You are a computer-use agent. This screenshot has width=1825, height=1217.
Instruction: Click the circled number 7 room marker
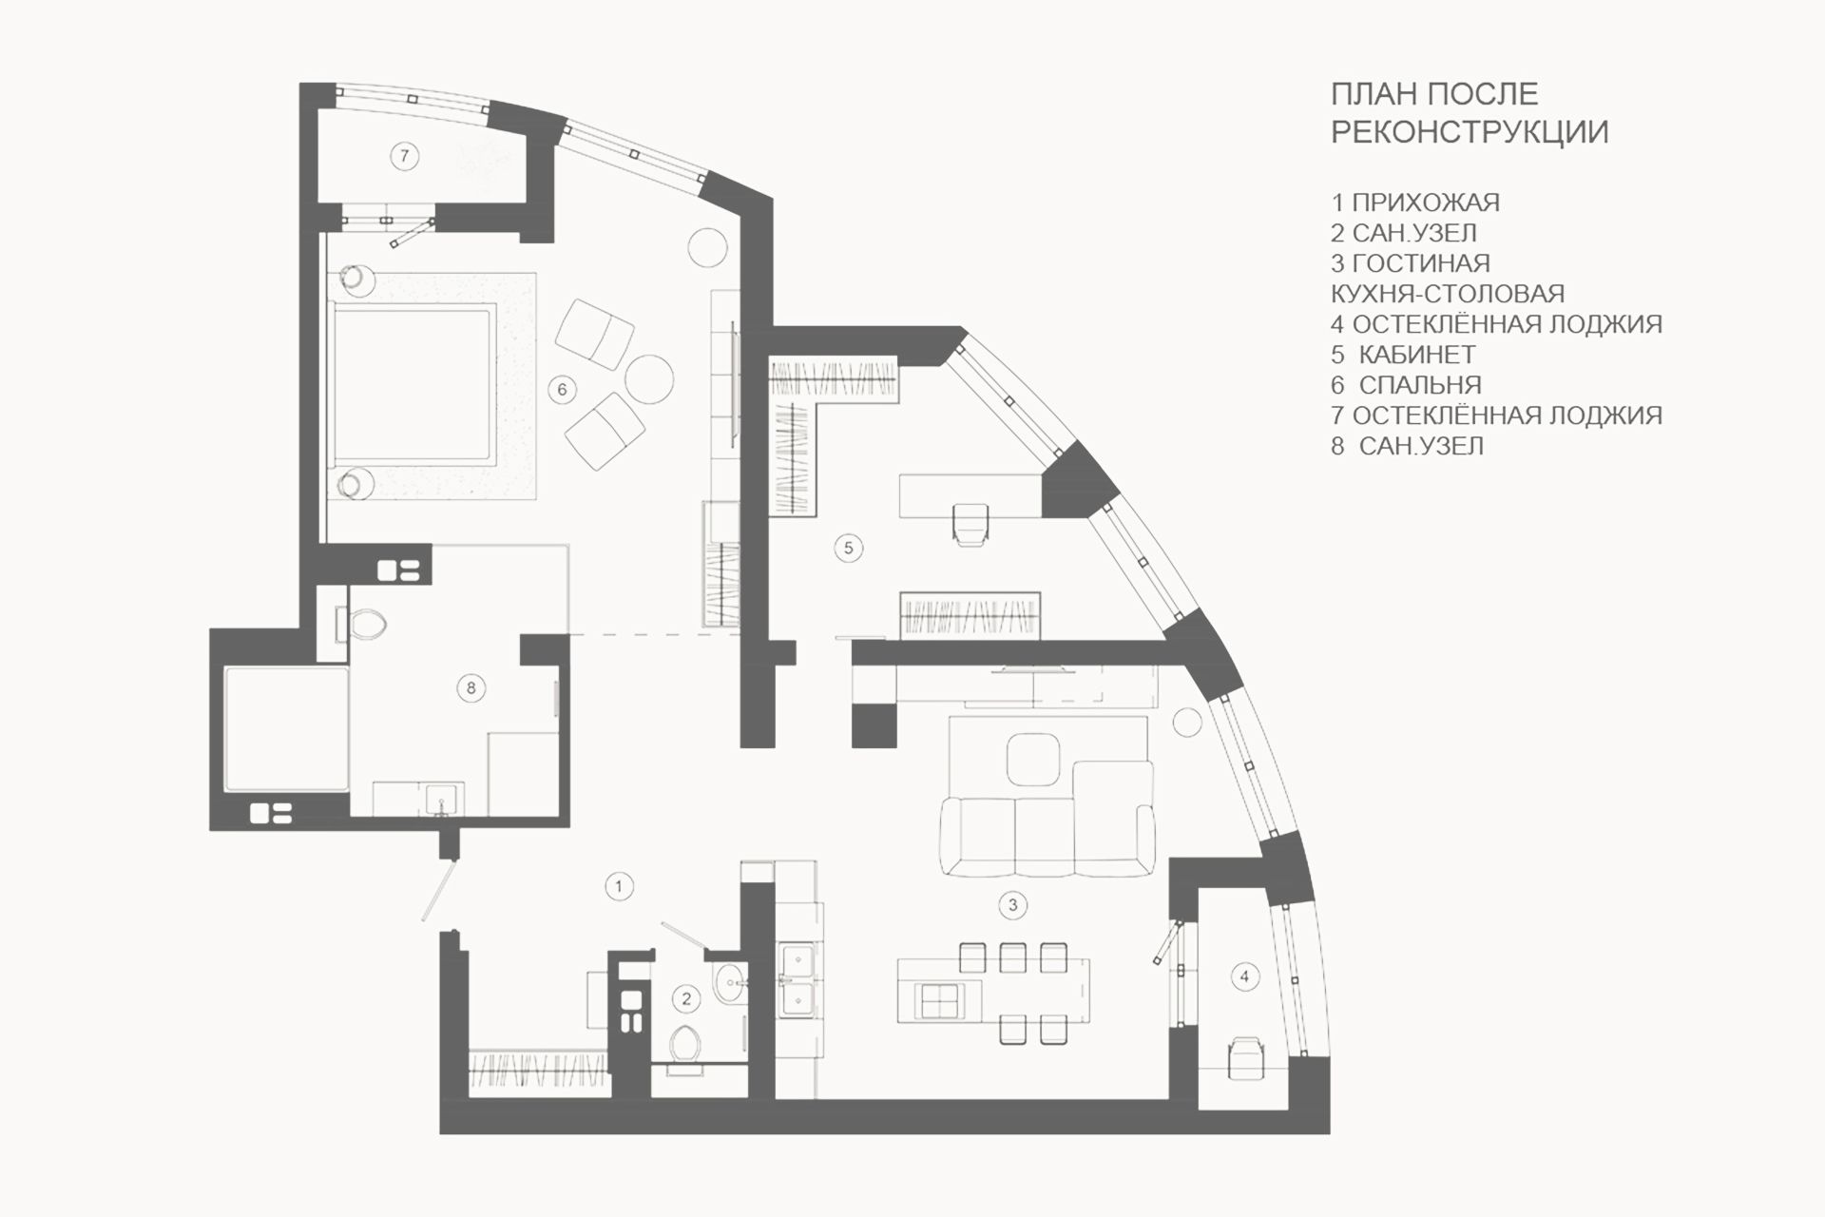404,155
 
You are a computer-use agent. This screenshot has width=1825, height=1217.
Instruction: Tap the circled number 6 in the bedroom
563,389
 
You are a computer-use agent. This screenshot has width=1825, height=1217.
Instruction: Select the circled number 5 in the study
849,548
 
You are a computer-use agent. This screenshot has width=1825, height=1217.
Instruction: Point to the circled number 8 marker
471,687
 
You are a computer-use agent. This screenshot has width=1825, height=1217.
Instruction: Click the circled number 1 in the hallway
619,886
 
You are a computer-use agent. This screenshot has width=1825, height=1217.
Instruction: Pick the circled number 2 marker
686,998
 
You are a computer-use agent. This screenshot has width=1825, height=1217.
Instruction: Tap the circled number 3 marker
1013,904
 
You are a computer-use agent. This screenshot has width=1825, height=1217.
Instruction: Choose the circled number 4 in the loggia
1244,976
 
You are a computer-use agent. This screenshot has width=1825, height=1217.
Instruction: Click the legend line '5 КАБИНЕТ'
1403,355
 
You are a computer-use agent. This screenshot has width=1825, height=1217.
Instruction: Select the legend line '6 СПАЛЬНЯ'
1406,385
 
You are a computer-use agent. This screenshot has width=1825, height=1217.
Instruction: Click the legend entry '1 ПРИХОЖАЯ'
1415,203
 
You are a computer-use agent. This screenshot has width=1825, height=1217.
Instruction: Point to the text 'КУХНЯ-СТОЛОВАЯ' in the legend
1448,294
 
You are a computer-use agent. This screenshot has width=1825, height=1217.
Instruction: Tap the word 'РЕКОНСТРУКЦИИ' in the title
1470,131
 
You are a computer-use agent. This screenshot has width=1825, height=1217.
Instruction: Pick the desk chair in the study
970,524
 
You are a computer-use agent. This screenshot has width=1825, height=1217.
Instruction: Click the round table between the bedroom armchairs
650,377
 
